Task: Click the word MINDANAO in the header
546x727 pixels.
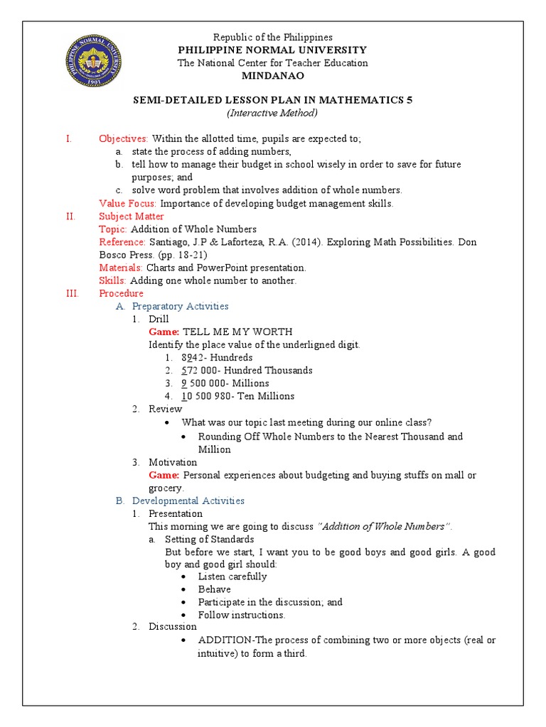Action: pyautogui.click(x=272, y=76)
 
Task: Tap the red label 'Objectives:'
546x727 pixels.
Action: pyautogui.click(x=124, y=138)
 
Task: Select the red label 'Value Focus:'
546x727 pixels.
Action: pyautogui.click(x=128, y=203)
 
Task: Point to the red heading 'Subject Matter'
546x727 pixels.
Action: pyautogui.click(x=132, y=216)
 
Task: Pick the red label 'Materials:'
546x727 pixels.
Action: pyautogui.click(x=121, y=268)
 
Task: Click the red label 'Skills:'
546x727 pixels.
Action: pyautogui.click(x=111, y=280)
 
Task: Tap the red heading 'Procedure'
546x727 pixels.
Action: pyautogui.click(x=121, y=293)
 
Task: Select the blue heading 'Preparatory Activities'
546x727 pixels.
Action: pyautogui.click(x=181, y=306)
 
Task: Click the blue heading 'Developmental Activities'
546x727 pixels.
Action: pyautogui.click(x=188, y=501)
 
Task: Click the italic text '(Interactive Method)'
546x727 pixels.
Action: pyautogui.click(x=272, y=113)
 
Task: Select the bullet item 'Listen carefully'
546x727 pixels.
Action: pyautogui.click(x=232, y=576)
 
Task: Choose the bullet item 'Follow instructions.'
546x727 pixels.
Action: pyautogui.click(x=241, y=615)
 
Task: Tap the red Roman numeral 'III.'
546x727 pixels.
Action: pyautogui.click(x=73, y=293)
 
